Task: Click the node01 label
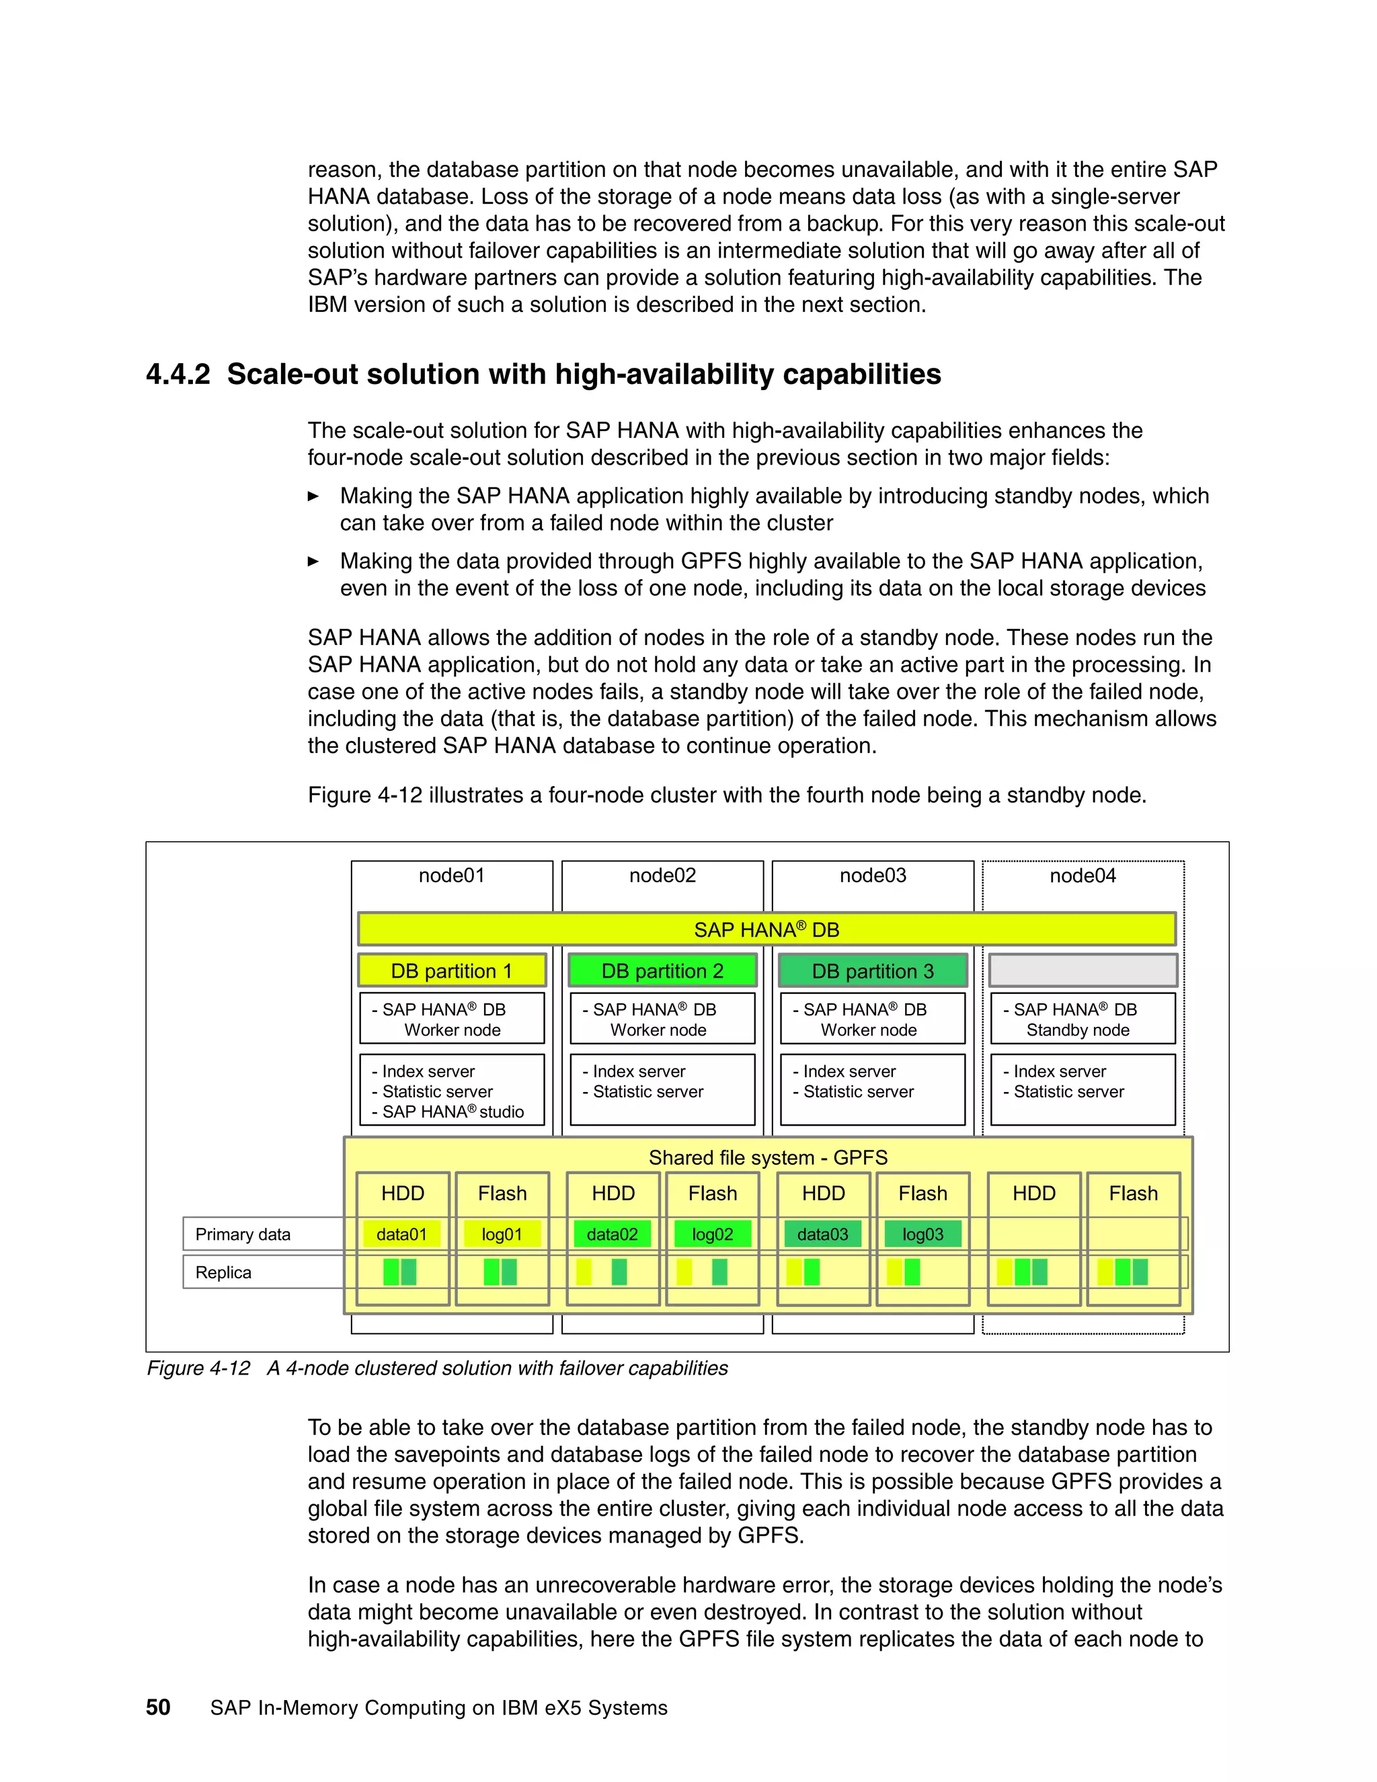click(451, 876)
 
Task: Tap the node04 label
click(1083, 876)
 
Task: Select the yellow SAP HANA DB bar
click(766, 929)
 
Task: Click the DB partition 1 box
click(452, 971)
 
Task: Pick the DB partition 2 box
click(662, 971)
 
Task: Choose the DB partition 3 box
click(873, 971)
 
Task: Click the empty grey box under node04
click(1083, 971)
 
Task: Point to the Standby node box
click(1083, 1019)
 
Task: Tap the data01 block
click(401, 1235)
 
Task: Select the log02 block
click(712, 1235)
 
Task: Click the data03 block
click(822, 1235)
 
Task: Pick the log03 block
click(922, 1235)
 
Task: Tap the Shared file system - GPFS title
click(768, 1158)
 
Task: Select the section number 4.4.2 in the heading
click(178, 375)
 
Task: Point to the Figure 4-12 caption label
click(198, 1368)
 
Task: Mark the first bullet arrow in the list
click(313, 496)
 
